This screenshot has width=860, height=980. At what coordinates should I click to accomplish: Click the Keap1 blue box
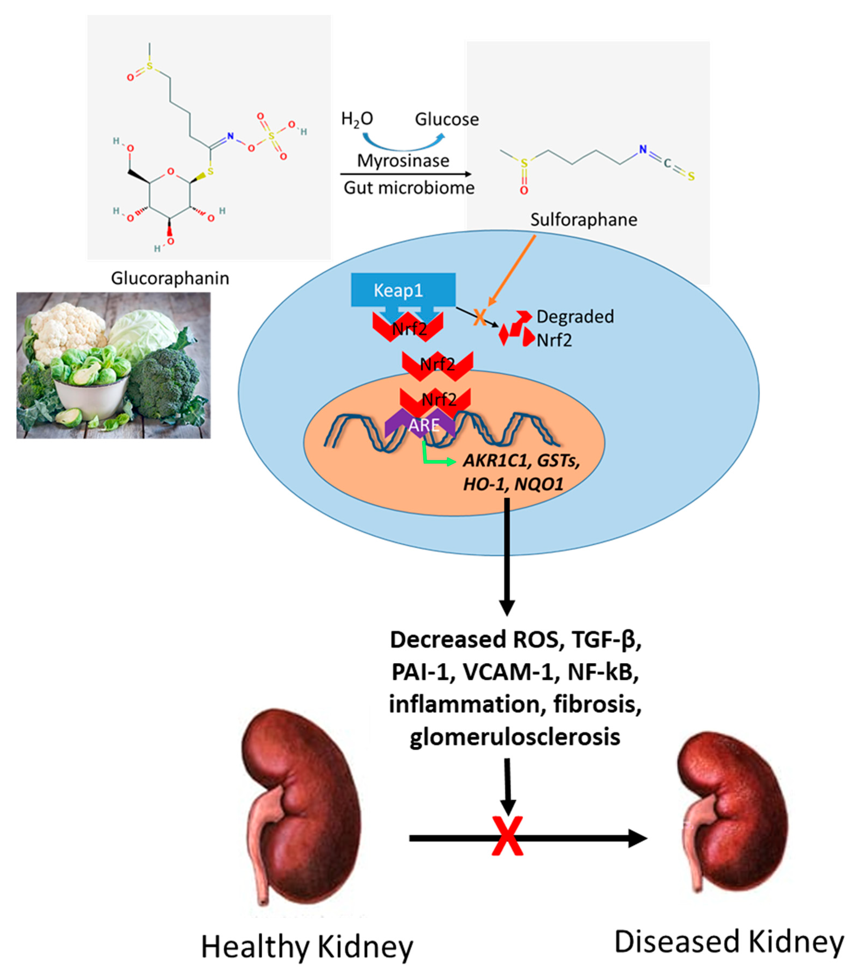click(x=403, y=290)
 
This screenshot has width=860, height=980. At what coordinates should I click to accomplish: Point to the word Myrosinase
click(x=403, y=160)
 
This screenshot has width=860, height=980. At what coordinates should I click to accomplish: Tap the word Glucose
click(x=446, y=119)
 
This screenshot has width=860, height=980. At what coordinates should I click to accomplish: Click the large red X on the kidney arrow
click(x=507, y=837)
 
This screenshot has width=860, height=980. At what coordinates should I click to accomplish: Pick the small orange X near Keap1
click(x=479, y=317)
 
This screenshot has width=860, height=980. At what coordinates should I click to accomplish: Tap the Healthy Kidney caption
click(x=307, y=947)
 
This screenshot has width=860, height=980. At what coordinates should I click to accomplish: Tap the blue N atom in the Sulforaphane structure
click(x=643, y=150)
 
